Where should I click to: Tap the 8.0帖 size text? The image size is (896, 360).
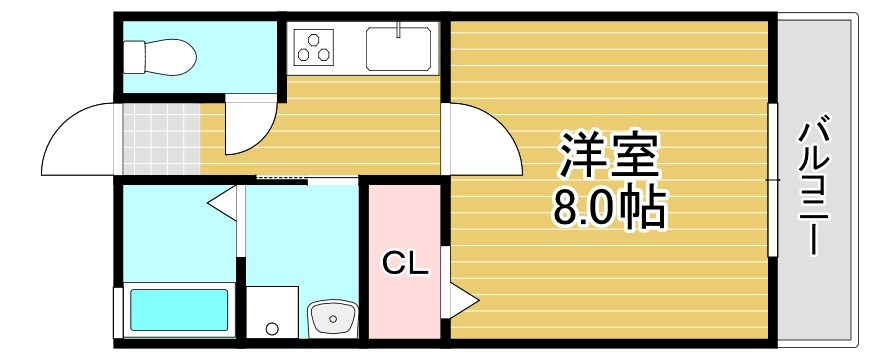coord(606,207)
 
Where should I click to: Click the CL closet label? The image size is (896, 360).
coord(406,264)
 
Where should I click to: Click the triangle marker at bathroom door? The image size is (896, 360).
coord(222,202)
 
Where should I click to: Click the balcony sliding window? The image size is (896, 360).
coord(772,180)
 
